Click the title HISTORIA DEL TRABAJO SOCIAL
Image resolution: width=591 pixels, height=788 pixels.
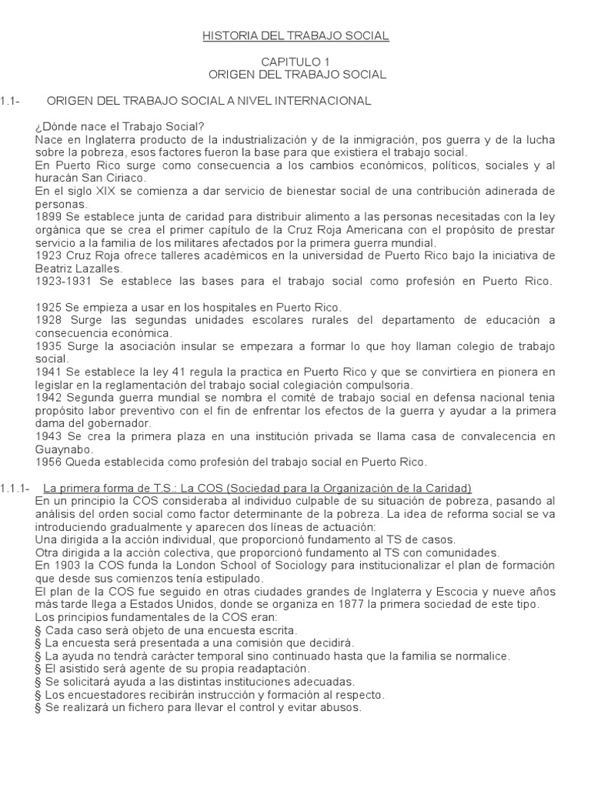[295, 35]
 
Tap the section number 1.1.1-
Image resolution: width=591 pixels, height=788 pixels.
[15, 488]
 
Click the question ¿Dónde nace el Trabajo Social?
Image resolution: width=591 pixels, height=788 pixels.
[119, 126]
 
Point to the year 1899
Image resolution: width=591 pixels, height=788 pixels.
[48, 217]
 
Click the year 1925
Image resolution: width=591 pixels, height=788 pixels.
[48, 307]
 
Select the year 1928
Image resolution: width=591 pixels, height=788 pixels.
[48, 320]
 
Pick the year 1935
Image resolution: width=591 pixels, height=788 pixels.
[48, 346]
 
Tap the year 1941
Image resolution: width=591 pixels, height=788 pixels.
[48, 372]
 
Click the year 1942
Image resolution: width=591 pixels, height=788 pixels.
[48, 398]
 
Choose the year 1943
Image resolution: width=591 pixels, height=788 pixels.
[48, 436]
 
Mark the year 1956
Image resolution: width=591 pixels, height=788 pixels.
[48, 462]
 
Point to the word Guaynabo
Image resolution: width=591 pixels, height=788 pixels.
[65, 449]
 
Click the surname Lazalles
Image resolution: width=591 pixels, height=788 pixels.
[95, 269]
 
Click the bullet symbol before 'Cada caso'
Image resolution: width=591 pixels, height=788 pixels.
[38, 630]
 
